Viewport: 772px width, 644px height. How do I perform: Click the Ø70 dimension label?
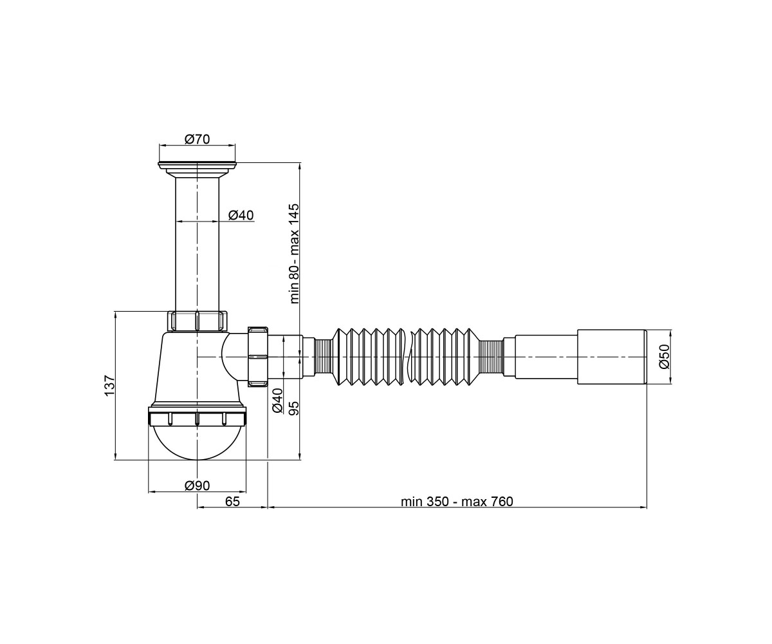click(x=197, y=139)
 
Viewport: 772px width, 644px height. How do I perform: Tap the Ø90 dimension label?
click(x=197, y=485)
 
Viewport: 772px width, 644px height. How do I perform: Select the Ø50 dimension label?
click(x=664, y=356)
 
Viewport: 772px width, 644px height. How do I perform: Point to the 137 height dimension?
click(x=110, y=386)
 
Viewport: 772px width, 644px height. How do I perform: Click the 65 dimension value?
click(x=232, y=502)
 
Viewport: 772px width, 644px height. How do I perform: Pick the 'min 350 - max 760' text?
click(x=457, y=502)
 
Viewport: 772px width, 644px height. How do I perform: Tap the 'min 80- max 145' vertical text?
click(x=294, y=254)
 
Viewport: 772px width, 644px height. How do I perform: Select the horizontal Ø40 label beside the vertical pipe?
click(x=241, y=214)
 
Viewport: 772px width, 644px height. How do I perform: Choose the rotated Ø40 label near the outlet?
click(x=277, y=401)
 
